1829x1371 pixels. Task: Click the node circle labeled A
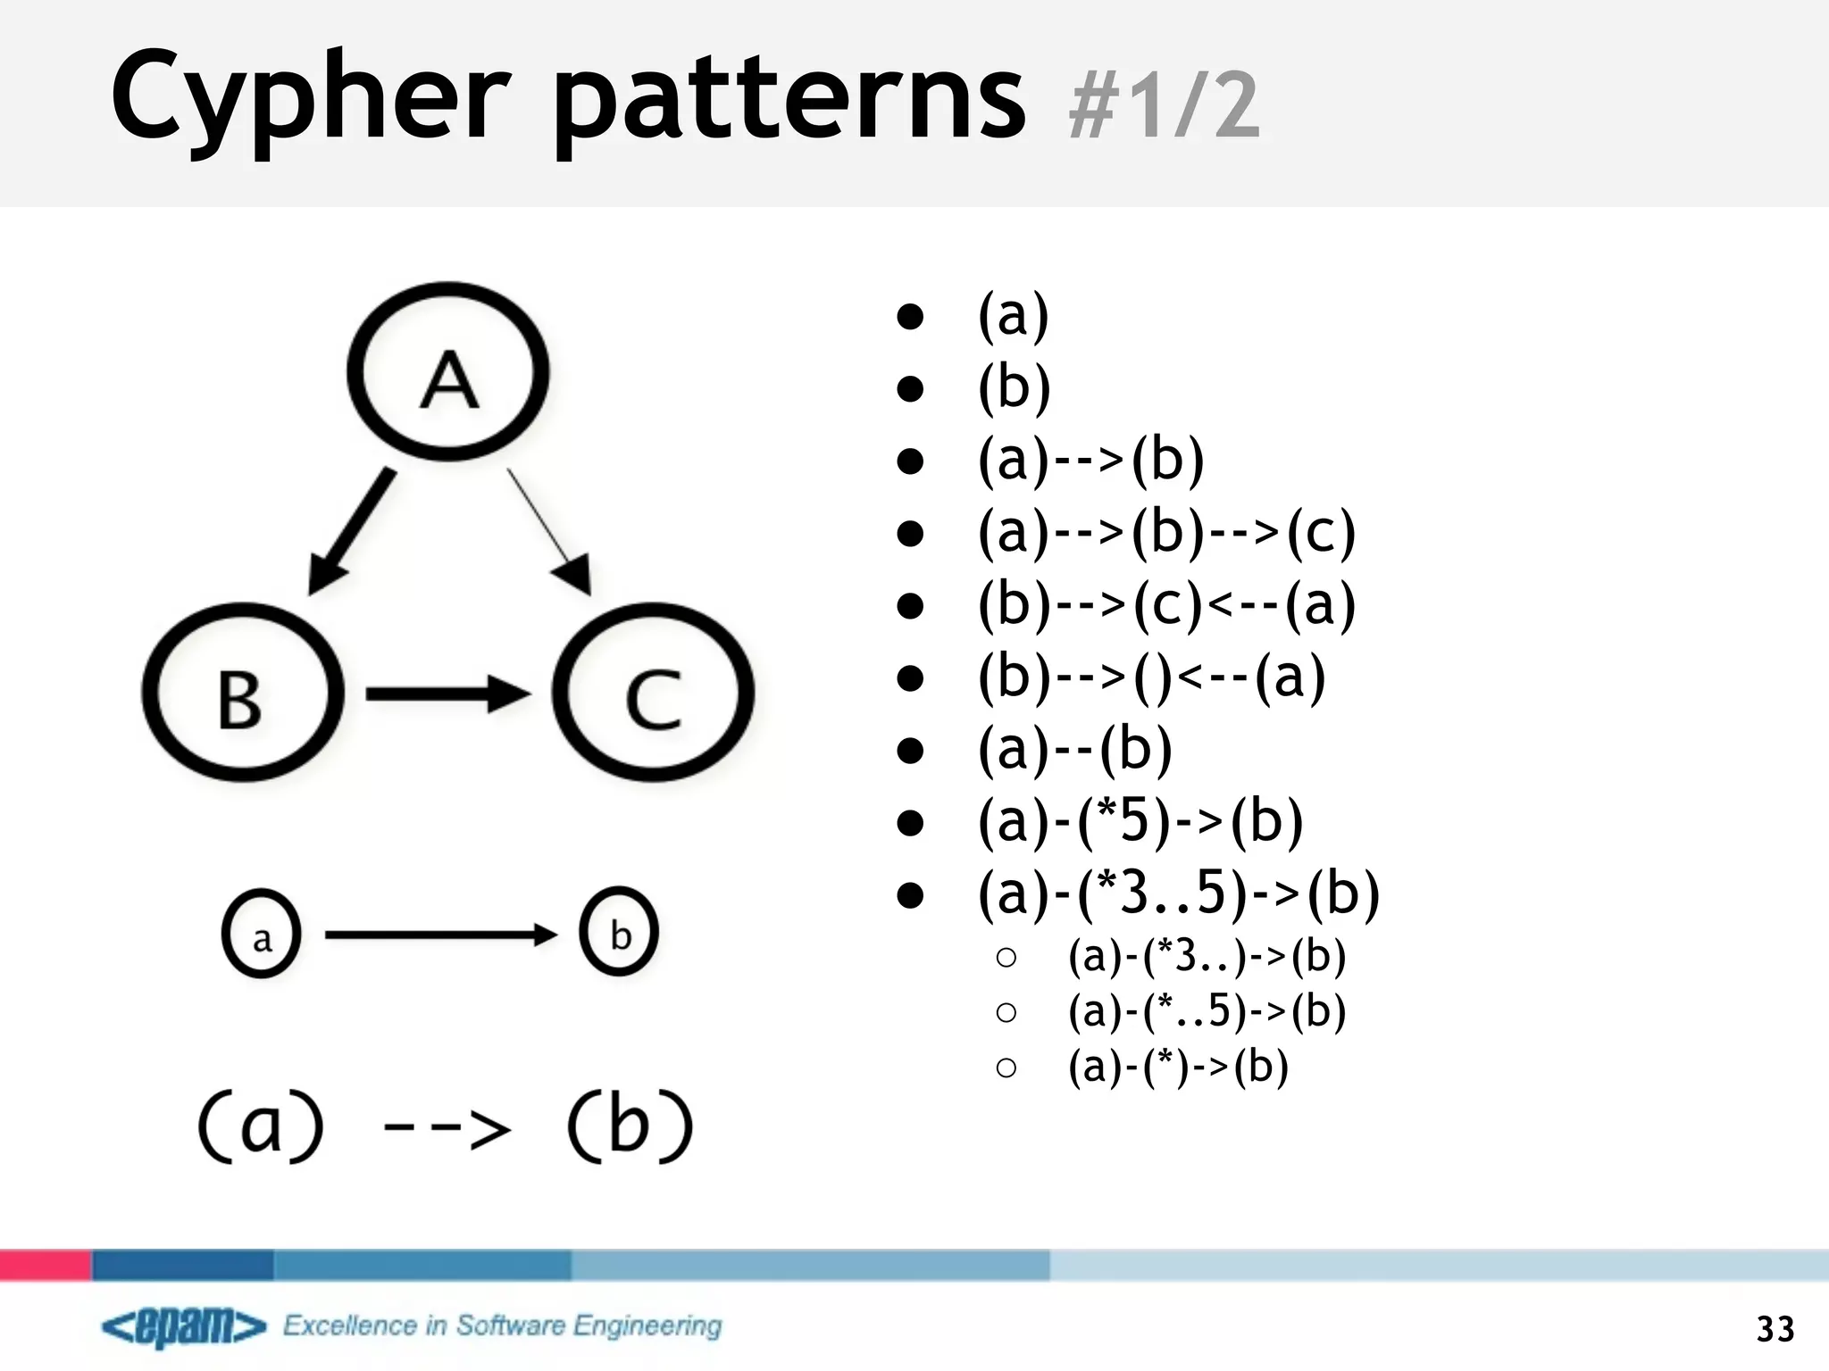(448, 372)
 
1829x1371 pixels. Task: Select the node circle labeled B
(242, 694)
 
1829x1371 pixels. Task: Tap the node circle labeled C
(653, 694)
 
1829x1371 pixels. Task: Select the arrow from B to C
(447, 694)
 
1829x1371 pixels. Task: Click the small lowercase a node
(261, 935)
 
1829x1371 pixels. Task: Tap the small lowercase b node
(619, 933)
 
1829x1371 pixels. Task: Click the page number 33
(1775, 1329)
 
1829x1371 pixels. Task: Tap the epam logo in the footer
(184, 1327)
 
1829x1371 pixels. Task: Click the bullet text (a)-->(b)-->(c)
(1166, 534)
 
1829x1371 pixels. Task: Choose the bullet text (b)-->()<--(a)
(1151, 678)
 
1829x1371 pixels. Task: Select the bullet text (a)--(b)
(1074, 750)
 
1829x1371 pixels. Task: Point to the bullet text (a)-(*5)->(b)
(1140, 822)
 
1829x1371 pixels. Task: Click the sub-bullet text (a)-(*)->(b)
(1178, 1067)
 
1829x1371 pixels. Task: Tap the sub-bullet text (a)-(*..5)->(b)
(1207, 1011)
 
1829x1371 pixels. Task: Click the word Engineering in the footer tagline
(647, 1326)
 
